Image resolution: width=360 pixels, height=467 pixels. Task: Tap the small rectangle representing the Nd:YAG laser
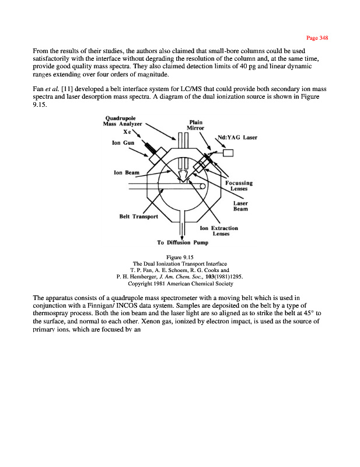point(228,153)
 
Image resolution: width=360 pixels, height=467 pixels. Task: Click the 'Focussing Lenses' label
point(239,186)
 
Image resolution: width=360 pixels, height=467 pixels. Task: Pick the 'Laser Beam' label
point(240,206)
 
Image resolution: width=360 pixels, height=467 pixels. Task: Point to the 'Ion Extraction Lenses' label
point(219,231)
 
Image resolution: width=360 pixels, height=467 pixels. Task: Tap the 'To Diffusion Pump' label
point(183,243)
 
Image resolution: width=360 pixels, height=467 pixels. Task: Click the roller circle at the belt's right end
point(202,186)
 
